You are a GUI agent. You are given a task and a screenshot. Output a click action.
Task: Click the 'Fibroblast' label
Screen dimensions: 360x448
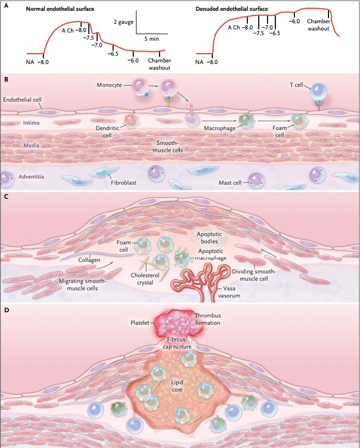click(122, 182)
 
